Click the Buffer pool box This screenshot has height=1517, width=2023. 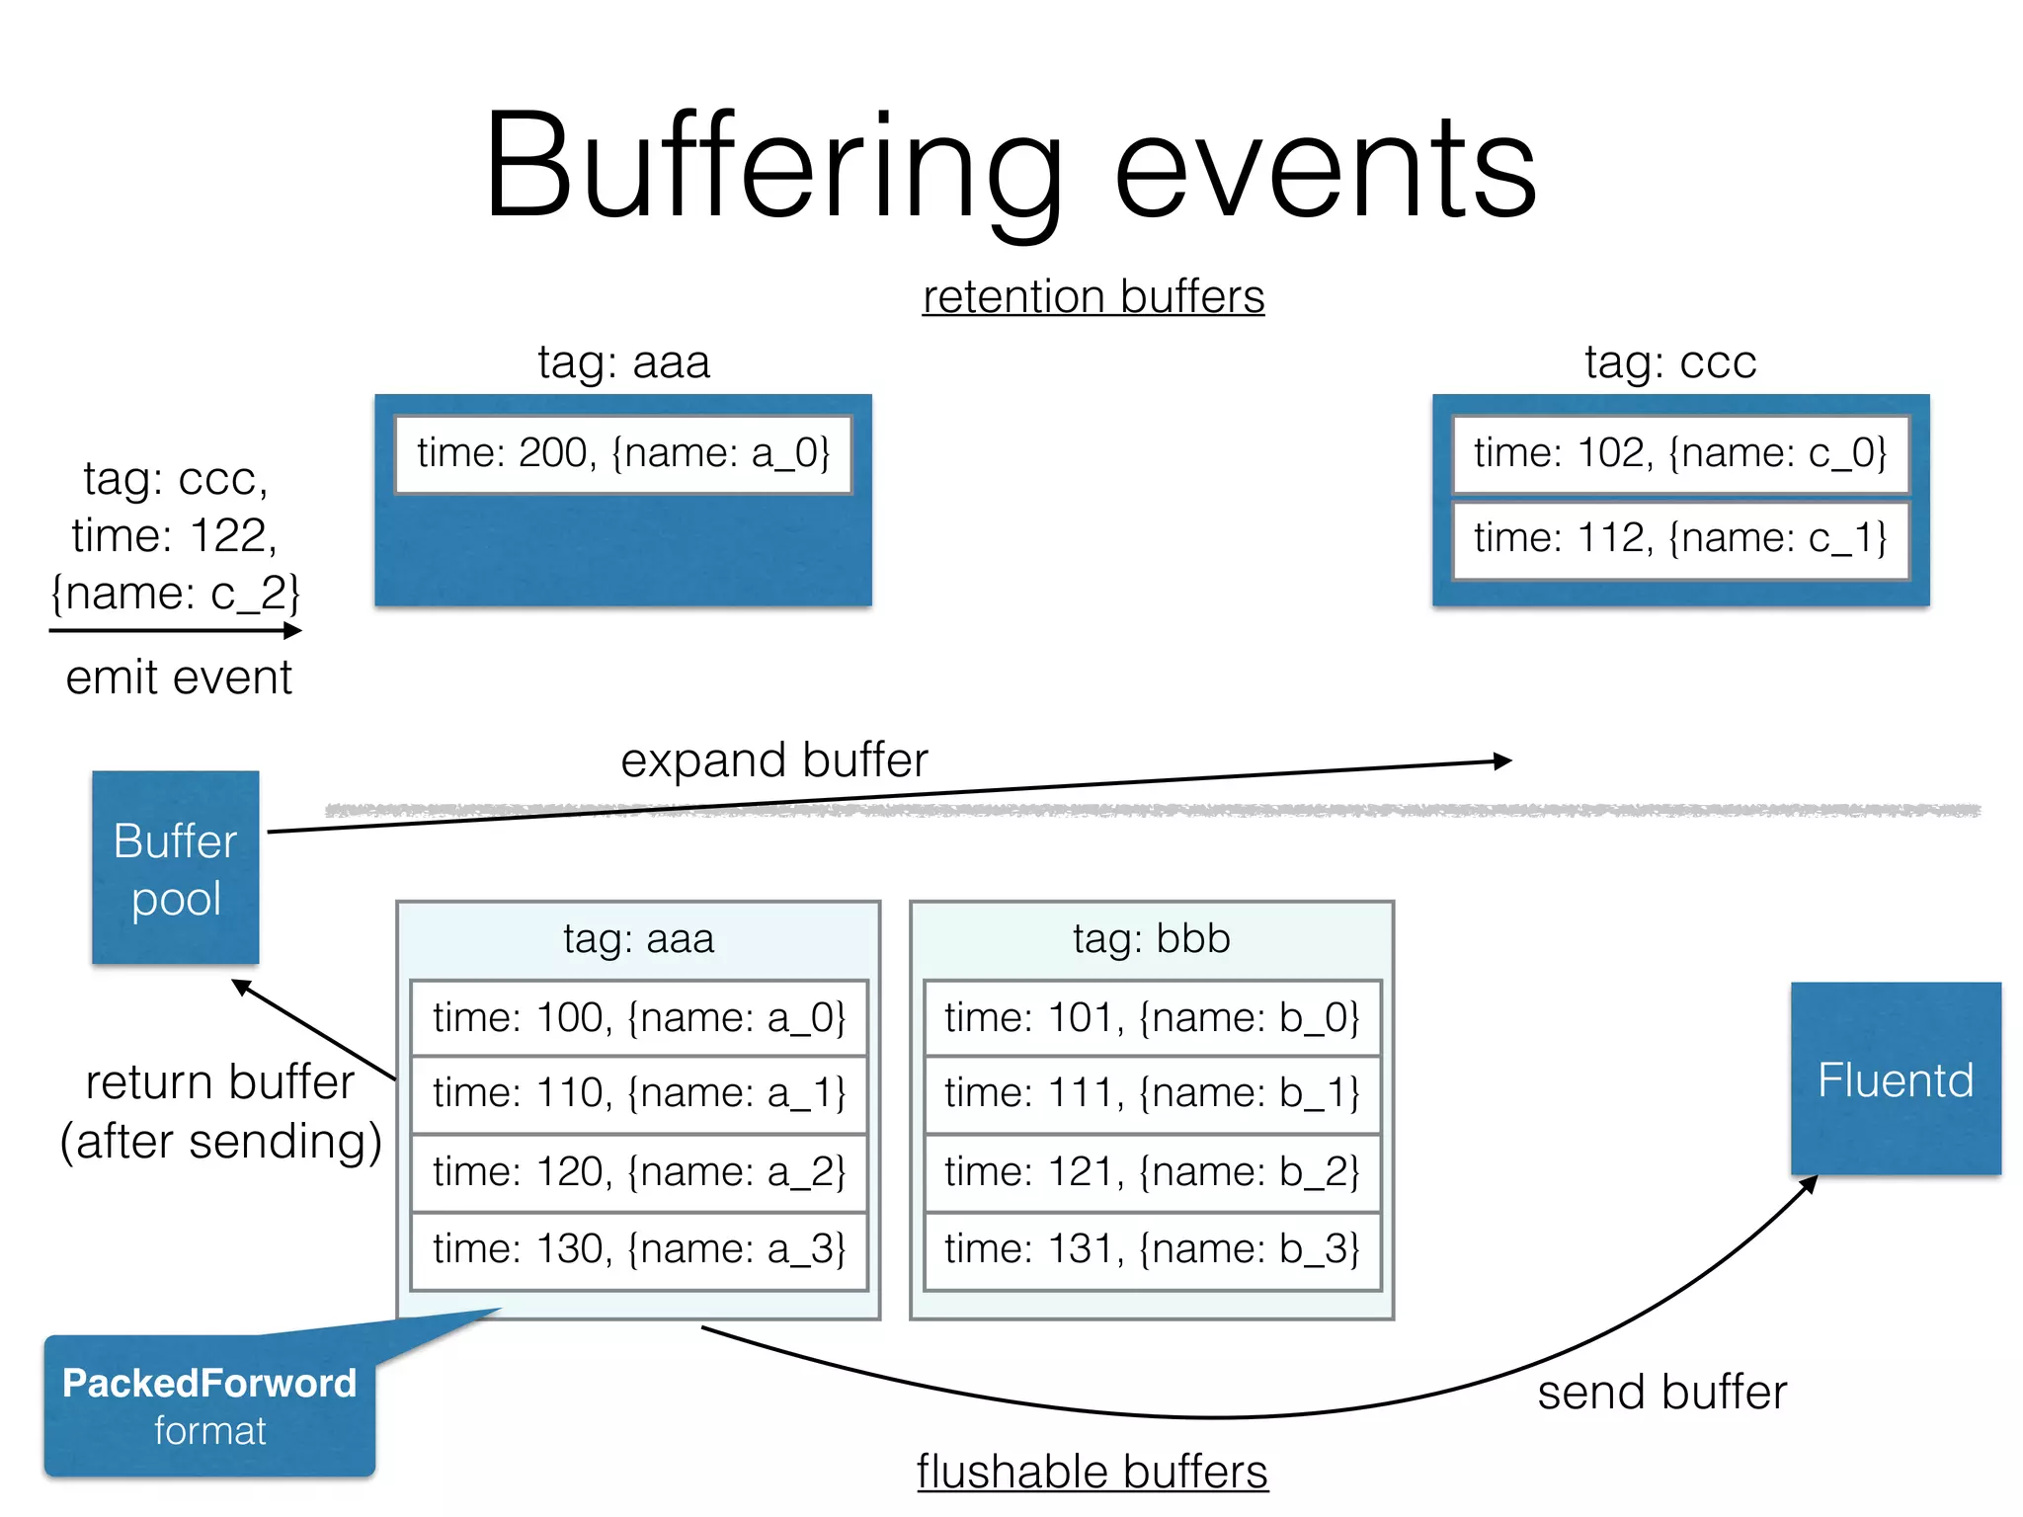click(176, 867)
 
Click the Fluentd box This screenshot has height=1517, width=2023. click(1895, 1078)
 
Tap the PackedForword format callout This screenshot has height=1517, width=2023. click(208, 1405)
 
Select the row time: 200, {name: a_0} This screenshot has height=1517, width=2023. click(623, 453)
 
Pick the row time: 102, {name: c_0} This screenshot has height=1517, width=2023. click(1680, 453)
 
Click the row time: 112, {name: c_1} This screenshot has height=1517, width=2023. click(1680, 538)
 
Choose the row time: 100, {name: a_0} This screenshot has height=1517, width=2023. click(639, 1017)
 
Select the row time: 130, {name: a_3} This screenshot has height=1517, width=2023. click(639, 1249)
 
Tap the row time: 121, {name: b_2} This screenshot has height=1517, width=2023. click(1152, 1172)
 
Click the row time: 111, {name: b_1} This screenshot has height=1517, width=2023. click(1152, 1093)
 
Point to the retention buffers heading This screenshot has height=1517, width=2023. click(1092, 296)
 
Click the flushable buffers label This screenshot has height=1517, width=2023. click(1092, 1472)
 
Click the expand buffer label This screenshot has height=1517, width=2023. click(774, 759)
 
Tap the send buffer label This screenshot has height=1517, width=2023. click(1661, 1392)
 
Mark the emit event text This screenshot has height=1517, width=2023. click(179, 678)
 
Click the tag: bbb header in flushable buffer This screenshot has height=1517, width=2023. click(1152, 938)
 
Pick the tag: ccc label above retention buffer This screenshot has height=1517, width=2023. click(1670, 361)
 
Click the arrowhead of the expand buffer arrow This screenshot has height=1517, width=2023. click(1503, 760)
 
